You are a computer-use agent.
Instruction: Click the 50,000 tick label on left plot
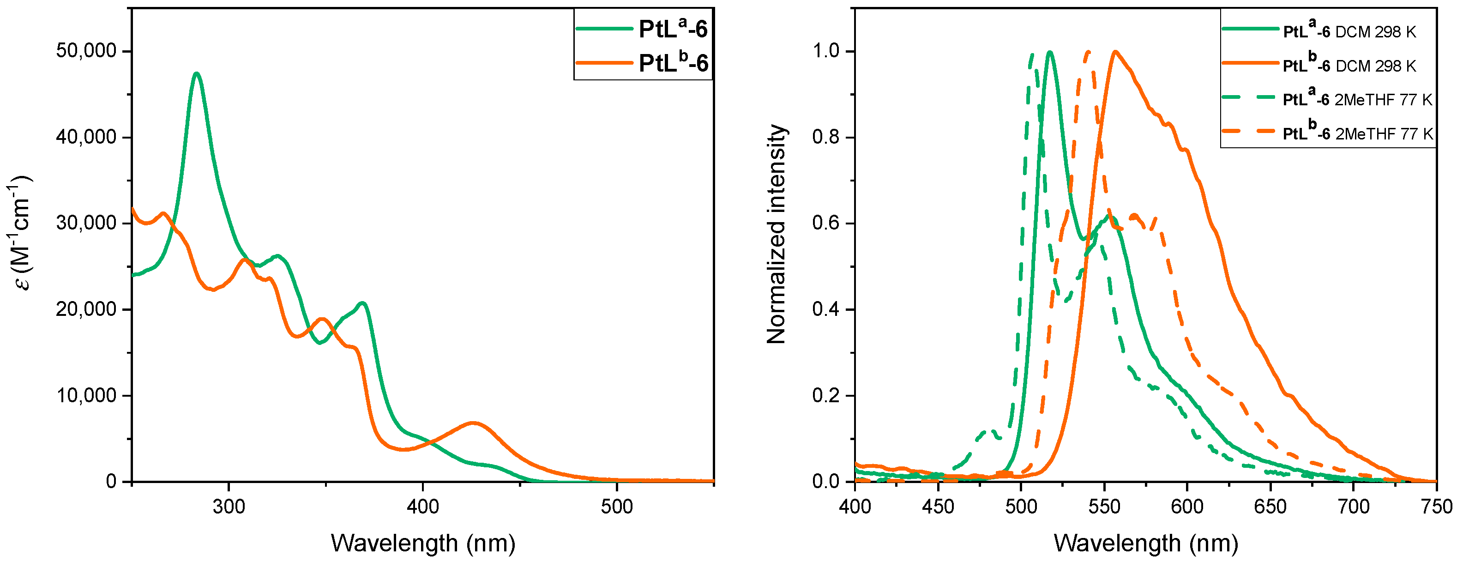tap(86, 51)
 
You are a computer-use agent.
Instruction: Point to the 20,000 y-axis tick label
tap(86, 309)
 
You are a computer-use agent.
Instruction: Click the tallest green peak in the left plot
tap(196, 73)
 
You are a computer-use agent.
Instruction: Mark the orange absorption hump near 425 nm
tap(473, 423)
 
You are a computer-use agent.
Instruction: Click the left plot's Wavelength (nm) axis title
tap(422, 543)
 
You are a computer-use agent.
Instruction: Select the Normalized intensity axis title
tap(776, 234)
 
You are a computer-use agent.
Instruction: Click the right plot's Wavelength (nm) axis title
tap(1145, 543)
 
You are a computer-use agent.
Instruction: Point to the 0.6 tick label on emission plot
tap(826, 223)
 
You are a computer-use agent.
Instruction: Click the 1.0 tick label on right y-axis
tap(826, 51)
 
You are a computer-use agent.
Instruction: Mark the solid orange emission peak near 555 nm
tap(1115, 52)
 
